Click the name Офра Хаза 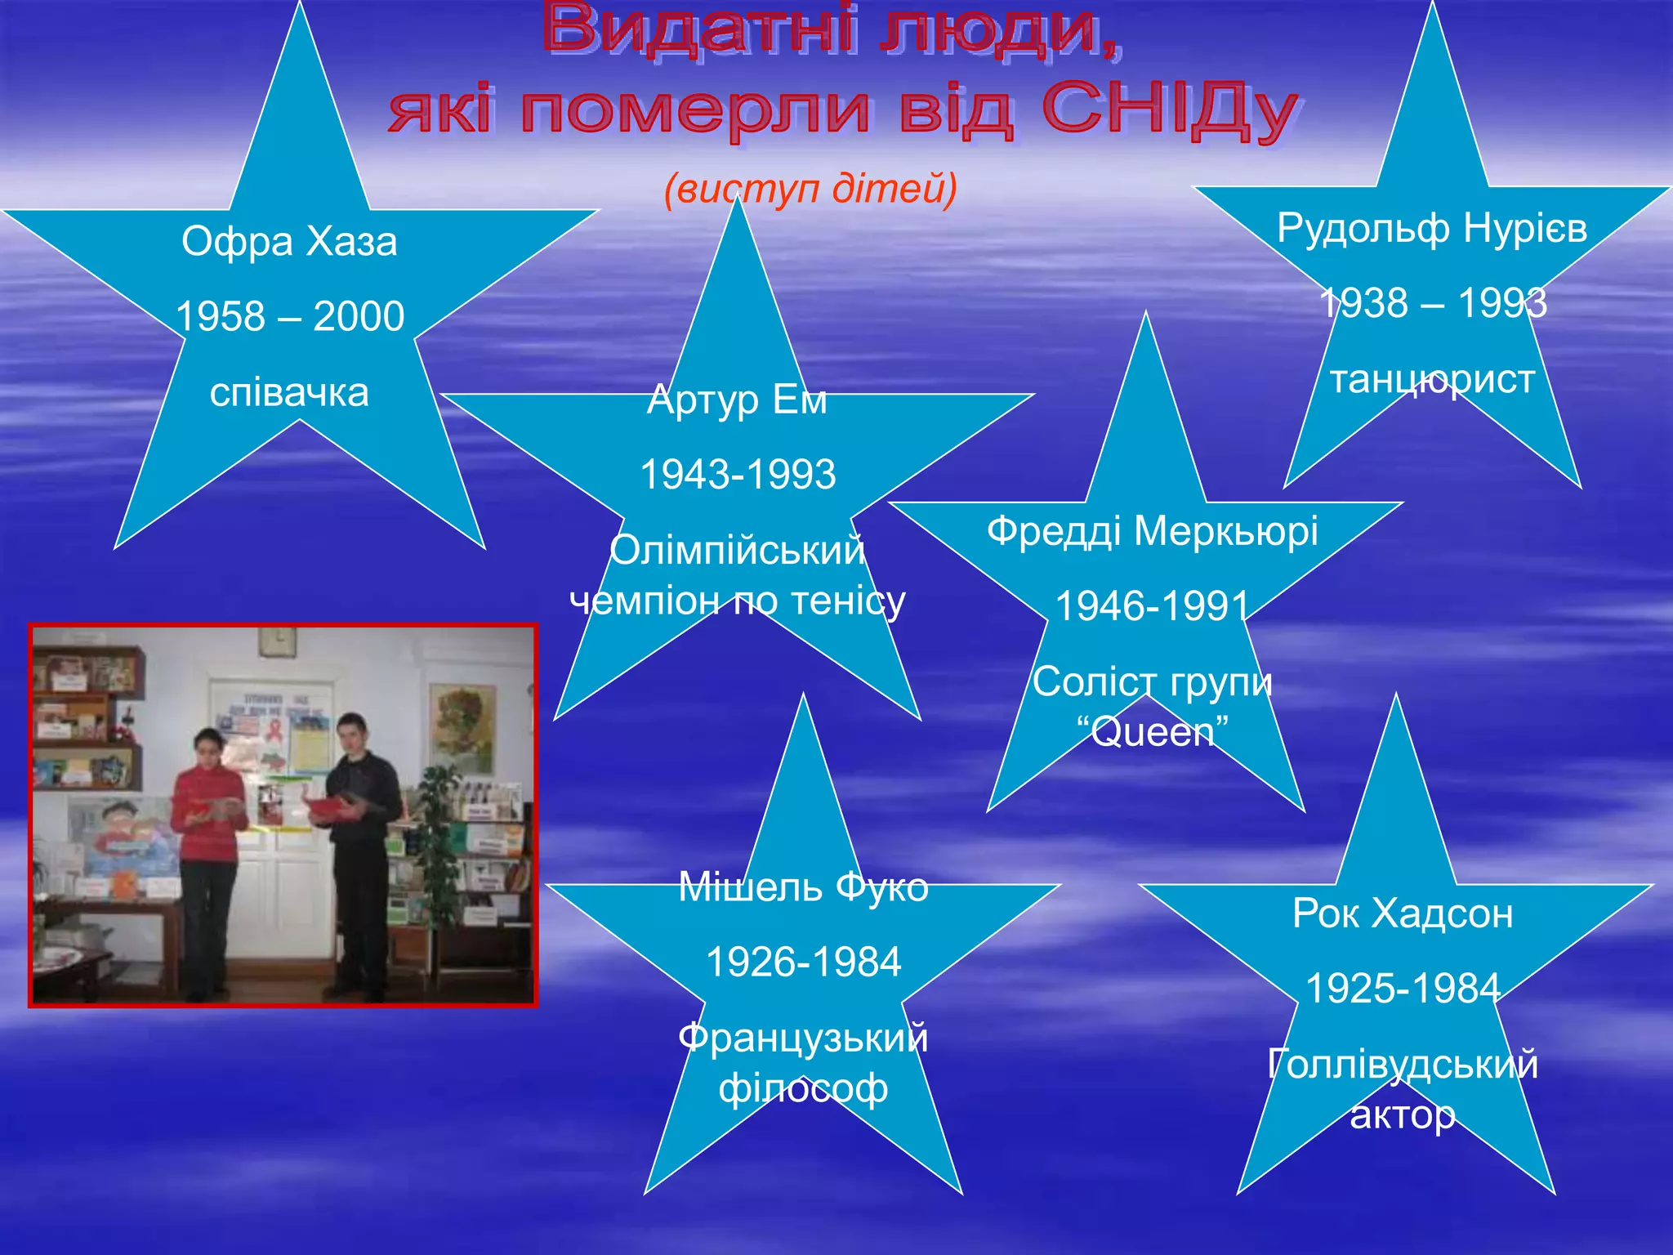coord(289,242)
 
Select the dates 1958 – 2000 coord(290,316)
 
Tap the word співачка coord(289,392)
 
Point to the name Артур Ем coord(737,400)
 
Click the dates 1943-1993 coord(738,475)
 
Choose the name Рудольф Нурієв coord(1432,228)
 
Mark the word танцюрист coord(1432,380)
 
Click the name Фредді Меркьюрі coord(1152,531)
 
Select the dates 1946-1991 coord(1152,606)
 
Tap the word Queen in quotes coord(1152,731)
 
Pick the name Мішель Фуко coord(803,887)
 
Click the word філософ coord(803,1088)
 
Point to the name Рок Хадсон coord(1403,913)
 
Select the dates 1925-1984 coord(1403,989)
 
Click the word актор coord(1403,1114)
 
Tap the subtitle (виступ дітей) coord(810,189)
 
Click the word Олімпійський coord(737,551)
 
